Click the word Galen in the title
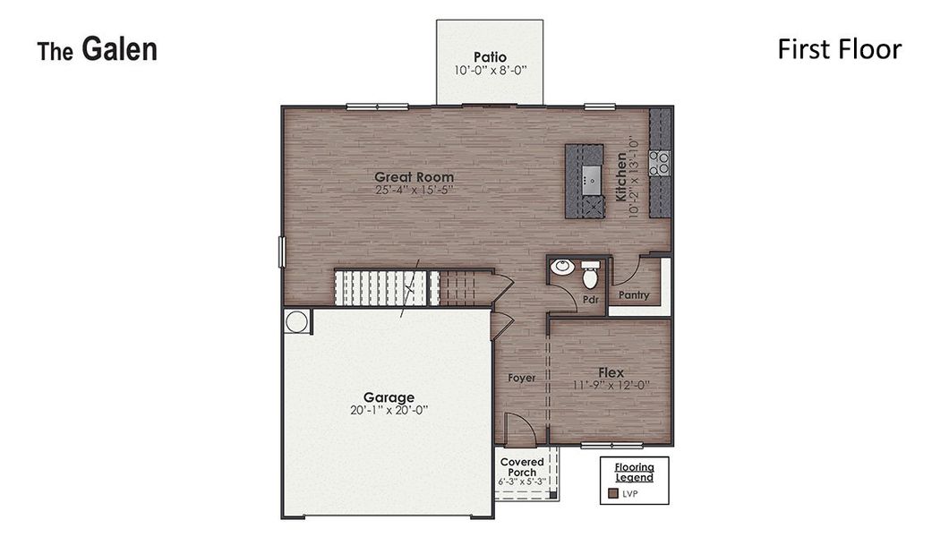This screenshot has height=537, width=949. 119,50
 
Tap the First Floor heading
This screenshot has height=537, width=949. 839,49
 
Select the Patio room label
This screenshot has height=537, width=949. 490,58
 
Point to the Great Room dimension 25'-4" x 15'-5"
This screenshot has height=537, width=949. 414,190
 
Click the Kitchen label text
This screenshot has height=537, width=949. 620,176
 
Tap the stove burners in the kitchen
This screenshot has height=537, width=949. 660,162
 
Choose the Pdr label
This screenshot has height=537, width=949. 590,300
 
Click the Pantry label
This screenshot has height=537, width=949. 634,295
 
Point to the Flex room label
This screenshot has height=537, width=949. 611,372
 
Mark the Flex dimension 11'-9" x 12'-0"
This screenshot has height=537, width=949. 611,385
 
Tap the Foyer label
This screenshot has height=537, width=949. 522,378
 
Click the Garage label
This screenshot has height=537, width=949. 389,396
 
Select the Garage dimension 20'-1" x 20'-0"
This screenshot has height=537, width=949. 389,410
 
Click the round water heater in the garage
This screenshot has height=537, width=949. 296,320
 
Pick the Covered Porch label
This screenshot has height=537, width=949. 522,467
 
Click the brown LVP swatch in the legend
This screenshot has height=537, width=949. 613,493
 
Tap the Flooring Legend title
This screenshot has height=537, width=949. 634,472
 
